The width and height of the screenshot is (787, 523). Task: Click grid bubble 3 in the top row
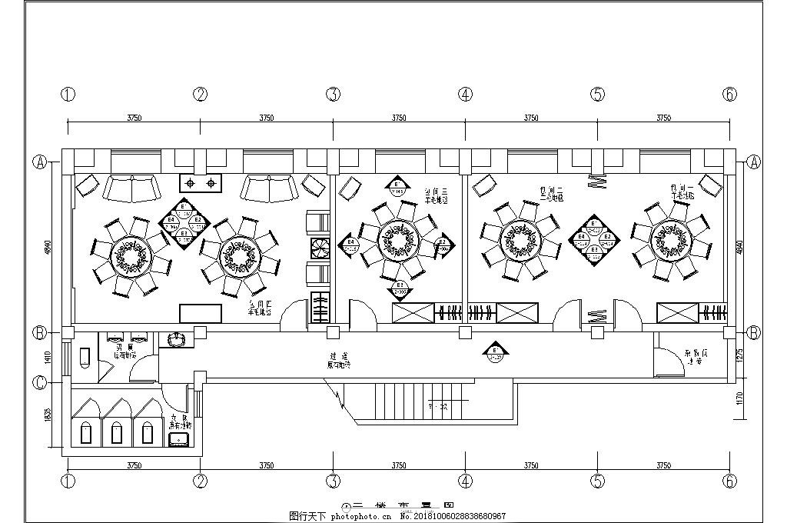(x=333, y=95)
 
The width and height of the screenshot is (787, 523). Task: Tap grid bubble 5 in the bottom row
(x=598, y=481)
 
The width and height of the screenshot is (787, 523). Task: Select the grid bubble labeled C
(x=40, y=381)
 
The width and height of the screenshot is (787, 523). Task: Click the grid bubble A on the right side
(x=754, y=162)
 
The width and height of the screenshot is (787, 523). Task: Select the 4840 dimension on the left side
(x=48, y=248)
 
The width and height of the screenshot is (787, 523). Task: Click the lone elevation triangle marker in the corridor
(x=496, y=353)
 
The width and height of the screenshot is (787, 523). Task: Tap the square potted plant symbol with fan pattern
(x=319, y=248)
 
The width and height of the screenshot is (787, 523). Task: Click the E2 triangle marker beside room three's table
(x=442, y=245)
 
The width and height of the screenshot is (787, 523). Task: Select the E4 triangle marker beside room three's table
(x=350, y=245)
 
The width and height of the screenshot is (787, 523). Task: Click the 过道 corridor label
(x=334, y=356)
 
